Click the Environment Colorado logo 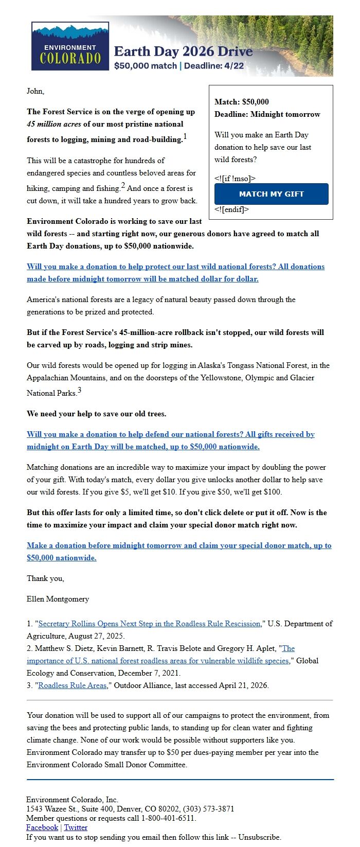point(70,46)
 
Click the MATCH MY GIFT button point(271,194)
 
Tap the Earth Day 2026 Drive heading point(183,51)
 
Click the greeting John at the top point(35,91)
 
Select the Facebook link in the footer point(42,827)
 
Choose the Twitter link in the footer point(76,827)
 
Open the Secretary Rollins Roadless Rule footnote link point(150,624)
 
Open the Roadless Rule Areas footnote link point(73,685)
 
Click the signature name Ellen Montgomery point(58,599)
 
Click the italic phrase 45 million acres point(53,124)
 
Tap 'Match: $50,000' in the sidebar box point(241,102)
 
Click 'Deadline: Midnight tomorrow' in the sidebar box point(267,114)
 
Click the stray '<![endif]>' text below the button point(231,209)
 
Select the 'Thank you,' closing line point(45,578)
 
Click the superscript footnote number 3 point(79,391)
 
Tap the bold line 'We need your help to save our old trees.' point(96,414)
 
